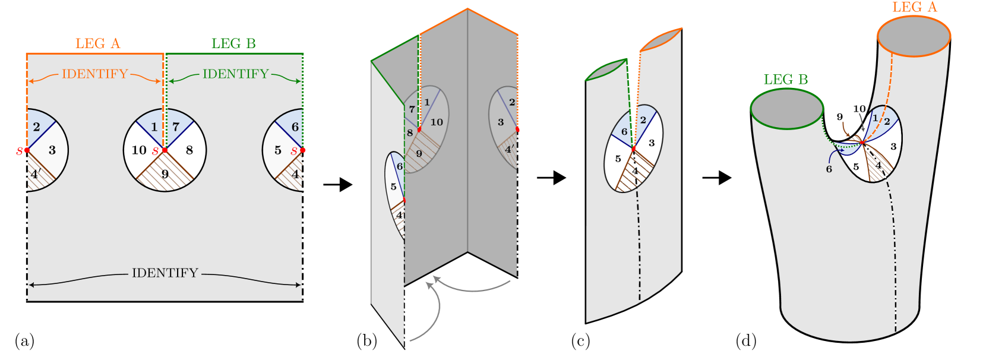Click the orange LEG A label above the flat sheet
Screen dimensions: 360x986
pyautogui.click(x=98, y=43)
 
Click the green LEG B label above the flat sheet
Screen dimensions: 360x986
pyautogui.click(x=233, y=43)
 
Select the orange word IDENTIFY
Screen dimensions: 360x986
pyautogui.click(x=95, y=74)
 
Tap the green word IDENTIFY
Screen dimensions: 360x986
pyautogui.click(x=236, y=74)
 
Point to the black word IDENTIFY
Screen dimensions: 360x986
pyautogui.click(x=165, y=273)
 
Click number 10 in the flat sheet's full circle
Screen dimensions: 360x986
pyautogui.click(x=139, y=150)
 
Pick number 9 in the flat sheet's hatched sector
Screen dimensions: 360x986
pyautogui.click(x=165, y=174)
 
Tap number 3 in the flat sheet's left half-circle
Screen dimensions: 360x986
pyautogui.click(x=52, y=150)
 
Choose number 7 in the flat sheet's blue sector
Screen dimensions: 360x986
pyautogui.click(x=176, y=127)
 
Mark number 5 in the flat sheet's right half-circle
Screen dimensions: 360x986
pyautogui.click(x=278, y=150)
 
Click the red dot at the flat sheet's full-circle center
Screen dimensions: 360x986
pyautogui.click(x=165, y=150)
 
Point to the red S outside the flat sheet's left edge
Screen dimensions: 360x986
pyautogui.click(x=20, y=151)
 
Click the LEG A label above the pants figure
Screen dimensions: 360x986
pyautogui.click(x=914, y=7)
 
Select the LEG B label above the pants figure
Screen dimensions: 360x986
pyautogui.click(x=785, y=80)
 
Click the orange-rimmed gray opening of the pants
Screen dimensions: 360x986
pyautogui.click(x=914, y=36)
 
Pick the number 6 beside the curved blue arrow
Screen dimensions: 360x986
pyautogui.click(x=829, y=169)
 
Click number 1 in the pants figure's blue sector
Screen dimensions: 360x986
pyautogui.click(x=875, y=118)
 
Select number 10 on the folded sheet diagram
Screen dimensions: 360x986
pyautogui.click(x=437, y=122)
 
